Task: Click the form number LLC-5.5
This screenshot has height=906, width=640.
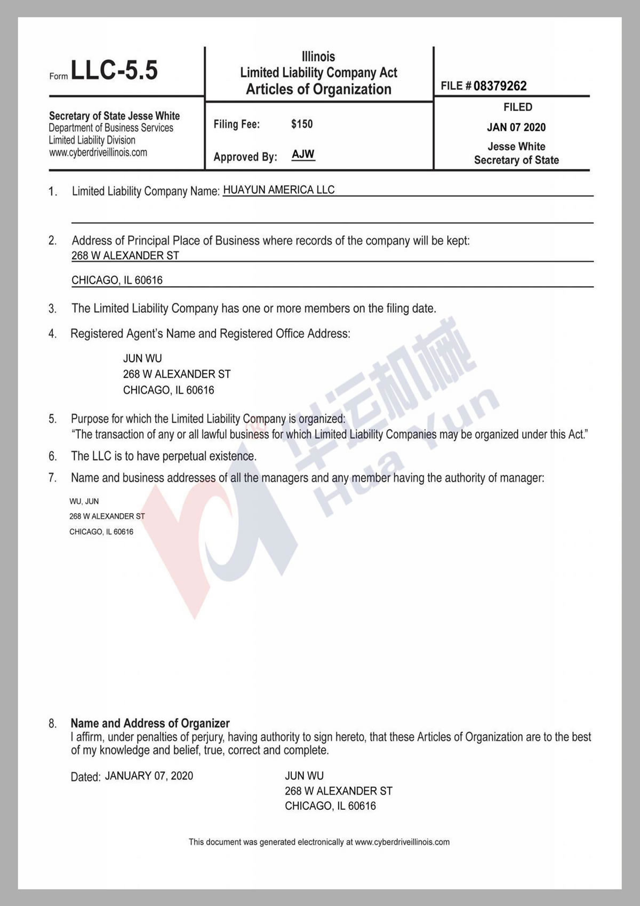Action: pos(114,70)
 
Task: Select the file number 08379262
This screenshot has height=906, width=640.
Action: pos(500,86)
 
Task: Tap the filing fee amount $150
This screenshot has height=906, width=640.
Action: pos(302,124)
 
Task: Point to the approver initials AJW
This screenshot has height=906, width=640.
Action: pos(303,154)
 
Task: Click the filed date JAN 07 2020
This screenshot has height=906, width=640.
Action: pos(516,127)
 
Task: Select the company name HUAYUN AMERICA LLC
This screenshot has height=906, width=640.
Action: pos(278,190)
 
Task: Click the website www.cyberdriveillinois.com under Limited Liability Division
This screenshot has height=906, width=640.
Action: pos(98,153)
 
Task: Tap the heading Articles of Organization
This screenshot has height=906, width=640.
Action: pos(318,89)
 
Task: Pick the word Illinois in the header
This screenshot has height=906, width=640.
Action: pos(318,56)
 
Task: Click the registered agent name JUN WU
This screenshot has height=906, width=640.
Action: pos(142,358)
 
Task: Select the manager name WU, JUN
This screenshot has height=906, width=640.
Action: pos(84,501)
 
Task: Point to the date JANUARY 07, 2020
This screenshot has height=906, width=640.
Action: pos(149,776)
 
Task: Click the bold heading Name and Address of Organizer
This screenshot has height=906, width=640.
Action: pos(150,723)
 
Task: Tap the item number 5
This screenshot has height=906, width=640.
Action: pos(52,419)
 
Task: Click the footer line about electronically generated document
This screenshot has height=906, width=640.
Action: pos(319,842)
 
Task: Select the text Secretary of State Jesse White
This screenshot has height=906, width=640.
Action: pos(114,116)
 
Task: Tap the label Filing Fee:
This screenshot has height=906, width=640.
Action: pos(237,124)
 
